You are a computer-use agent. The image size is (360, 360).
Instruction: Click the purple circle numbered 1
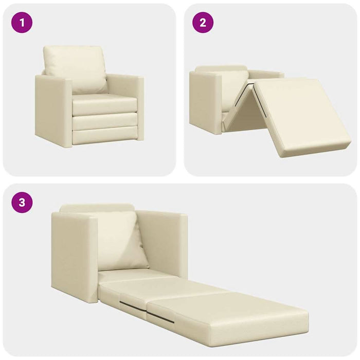[x=22, y=23]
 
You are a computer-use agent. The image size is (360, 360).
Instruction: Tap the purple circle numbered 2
[x=203, y=23]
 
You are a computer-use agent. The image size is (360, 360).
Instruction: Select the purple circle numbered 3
[x=22, y=203]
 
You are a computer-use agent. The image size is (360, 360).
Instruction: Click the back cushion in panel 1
[x=75, y=69]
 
